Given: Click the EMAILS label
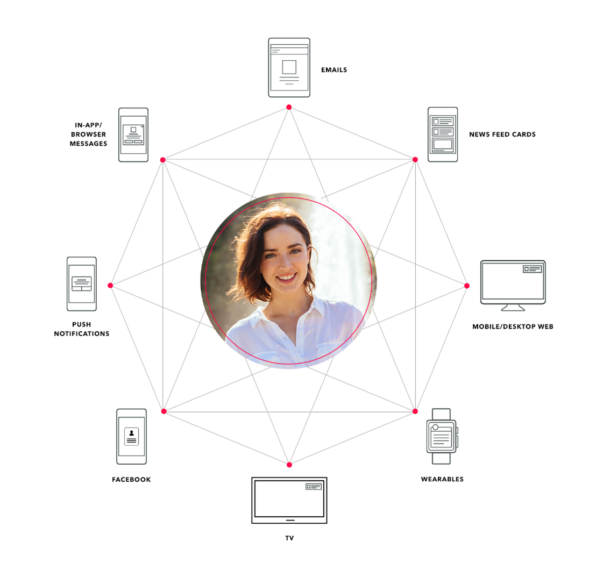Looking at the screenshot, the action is (x=334, y=70).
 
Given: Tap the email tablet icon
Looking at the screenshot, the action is (x=289, y=68).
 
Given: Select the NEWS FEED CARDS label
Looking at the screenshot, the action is (x=502, y=134).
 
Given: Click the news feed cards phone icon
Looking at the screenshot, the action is (x=443, y=134).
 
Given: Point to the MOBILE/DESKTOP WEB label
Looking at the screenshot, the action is (x=513, y=326).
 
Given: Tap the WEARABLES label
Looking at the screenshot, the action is (x=442, y=479).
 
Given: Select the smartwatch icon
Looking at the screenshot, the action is (x=442, y=436).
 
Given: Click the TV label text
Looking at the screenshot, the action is (x=289, y=538).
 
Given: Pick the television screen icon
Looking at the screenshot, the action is (x=289, y=500).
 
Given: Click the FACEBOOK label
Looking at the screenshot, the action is (x=131, y=479).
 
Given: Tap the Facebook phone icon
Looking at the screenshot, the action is (x=131, y=437).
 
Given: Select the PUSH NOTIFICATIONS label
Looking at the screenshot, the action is (x=82, y=329).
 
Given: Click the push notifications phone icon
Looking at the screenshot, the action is (x=82, y=284).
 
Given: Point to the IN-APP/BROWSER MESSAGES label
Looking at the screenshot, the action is (x=88, y=134).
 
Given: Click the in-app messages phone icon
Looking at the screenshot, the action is (x=133, y=135).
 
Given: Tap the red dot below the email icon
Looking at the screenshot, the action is (x=289, y=107).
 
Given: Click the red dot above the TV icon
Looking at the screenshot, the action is (x=289, y=465).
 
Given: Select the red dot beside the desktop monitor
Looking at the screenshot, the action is (x=467, y=286).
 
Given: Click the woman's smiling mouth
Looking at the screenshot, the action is (x=286, y=278).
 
